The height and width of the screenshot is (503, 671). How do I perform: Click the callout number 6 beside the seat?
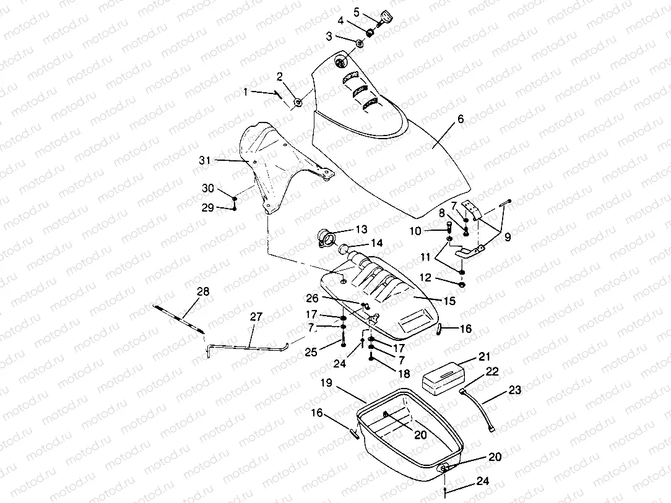(x=459, y=120)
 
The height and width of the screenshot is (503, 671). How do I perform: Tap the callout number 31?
(x=204, y=160)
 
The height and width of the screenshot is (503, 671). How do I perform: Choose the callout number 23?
(x=515, y=390)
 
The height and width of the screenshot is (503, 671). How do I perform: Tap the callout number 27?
(x=256, y=317)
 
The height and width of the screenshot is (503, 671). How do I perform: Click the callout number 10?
(x=432, y=231)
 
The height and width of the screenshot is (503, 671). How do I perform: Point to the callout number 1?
(x=246, y=92)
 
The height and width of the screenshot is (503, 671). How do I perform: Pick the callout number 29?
(x=207, y=207)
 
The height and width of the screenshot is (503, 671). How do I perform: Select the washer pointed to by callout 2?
(x=298, y=103)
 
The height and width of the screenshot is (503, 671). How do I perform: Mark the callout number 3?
(x=329, y=37)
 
